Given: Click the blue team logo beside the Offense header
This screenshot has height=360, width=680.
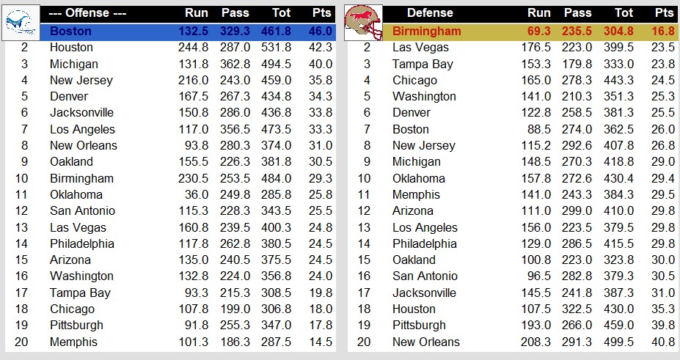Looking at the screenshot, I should (20, 21).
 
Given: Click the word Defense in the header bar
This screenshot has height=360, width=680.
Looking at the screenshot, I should (430, 12).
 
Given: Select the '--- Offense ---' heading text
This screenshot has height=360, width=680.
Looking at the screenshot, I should (87, 12).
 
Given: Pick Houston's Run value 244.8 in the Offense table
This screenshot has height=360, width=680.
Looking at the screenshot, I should (193, 47).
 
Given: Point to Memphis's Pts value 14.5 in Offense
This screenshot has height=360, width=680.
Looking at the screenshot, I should (320, 342).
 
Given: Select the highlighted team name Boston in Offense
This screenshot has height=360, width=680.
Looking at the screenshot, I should (71, 31).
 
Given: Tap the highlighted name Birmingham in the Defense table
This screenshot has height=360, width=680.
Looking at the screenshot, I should (426, 31).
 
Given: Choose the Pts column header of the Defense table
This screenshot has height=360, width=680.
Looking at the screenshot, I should (665, 12).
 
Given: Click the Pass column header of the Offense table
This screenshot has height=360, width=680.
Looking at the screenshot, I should (235, 12).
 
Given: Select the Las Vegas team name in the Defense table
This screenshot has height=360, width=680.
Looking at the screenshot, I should (421, 47).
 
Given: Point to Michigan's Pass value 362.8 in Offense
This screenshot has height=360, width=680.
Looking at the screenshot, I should (235, 64).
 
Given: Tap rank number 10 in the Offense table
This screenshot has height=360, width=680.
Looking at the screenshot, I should (24, 178).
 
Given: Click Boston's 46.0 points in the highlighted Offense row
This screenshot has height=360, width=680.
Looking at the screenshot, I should (320, 31).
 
